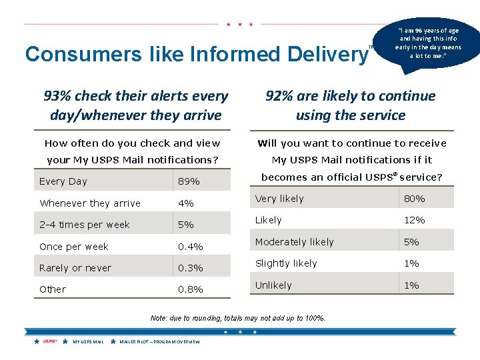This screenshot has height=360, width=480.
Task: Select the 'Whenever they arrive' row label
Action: click(90, 203)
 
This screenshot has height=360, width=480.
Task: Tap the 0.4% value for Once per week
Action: click(190, 247)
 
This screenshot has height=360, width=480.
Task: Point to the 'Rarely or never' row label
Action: click(75, 268)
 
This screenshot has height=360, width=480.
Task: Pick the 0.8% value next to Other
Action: click(190, 289)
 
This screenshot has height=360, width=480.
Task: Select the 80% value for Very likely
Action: click(415, 199)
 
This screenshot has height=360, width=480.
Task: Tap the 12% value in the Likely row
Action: click(415, 220)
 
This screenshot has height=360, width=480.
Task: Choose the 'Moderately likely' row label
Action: click(294, 242)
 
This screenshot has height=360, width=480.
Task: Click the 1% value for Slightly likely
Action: click(412, 263)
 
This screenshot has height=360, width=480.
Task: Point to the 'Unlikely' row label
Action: click(273, 285)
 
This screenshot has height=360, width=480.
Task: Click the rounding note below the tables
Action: click(238, 318)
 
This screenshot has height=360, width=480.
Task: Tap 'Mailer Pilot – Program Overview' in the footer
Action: click(159, 341)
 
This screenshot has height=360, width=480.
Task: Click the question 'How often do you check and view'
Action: click(132, 143)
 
